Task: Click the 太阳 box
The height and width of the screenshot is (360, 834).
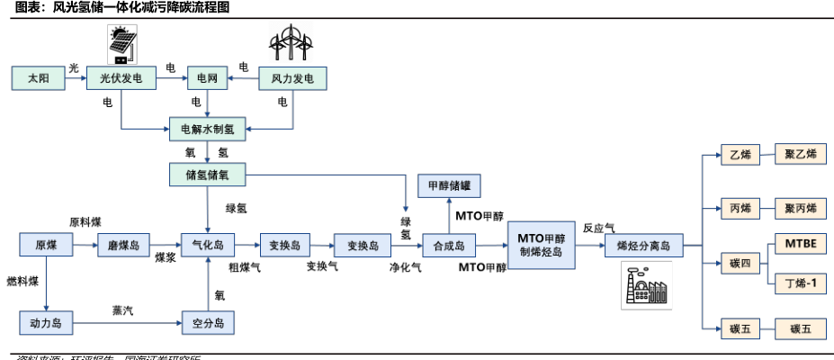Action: click(x=39, y=79)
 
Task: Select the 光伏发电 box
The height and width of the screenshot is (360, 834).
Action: click(x=121, y=79)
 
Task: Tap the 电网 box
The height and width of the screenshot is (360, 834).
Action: click(x=208, y=79)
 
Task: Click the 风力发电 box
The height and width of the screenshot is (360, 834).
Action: click(x=292, y=79)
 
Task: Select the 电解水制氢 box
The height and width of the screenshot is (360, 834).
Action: click(x=208, y=129)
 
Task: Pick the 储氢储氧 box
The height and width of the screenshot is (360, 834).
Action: click(x=208, y=175)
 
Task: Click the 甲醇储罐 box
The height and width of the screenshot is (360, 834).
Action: click(x=448, y=186)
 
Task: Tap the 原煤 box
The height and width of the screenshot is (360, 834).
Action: click(x=45, y=245)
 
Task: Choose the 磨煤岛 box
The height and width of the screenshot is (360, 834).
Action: click(x=123, y=245)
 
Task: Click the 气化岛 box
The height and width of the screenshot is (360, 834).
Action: click(x=208, y=245)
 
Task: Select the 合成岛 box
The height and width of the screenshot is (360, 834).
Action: click(x=448, y=245)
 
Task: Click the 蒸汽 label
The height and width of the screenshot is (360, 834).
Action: click(x=122, y=310)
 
